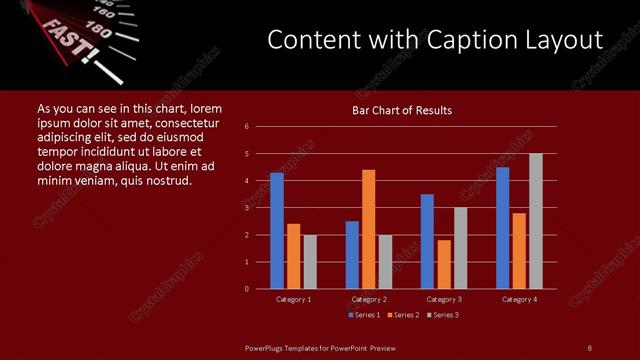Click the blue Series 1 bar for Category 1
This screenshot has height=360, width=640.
coord(277,231)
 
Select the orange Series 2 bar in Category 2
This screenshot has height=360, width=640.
coord(369,229)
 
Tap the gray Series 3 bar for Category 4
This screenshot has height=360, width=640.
coord(536,221)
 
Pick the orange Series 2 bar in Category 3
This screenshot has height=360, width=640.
coord(444,264)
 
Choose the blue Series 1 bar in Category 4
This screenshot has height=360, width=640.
coord(503,228)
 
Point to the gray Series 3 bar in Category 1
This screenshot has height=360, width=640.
coord(310,262)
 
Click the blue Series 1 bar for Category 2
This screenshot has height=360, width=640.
coord(352,255)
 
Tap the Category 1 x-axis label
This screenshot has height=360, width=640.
coord(293,299)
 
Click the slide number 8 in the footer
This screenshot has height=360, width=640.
coord(590,347)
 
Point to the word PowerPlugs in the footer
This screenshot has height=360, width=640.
coord(268,347)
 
